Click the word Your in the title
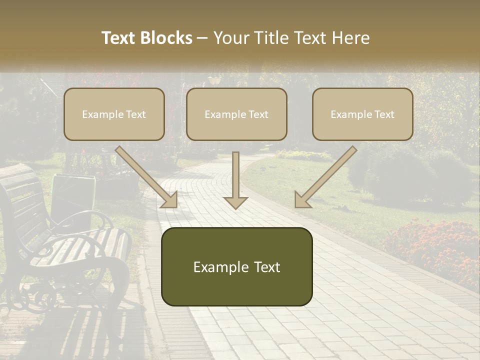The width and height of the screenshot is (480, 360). (230, 38)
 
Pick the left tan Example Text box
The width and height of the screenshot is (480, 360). (114, 114)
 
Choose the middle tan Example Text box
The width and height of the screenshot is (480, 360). (236, 114)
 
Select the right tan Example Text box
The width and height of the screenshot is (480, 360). (362, 114)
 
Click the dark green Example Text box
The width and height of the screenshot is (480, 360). (236, 266)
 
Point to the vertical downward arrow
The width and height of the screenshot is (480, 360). (235, 180)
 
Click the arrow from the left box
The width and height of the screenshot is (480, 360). (147, 177)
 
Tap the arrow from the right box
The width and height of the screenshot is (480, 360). (325, 177)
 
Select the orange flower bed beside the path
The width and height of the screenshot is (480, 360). (435, 245)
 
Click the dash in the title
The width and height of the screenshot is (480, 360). (202, 38)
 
